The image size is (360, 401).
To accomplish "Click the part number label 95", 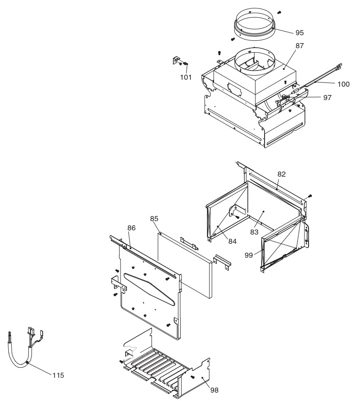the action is [299, 33].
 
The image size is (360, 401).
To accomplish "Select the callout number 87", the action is [299, 46].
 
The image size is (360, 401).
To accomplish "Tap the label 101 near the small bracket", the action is [186, 77].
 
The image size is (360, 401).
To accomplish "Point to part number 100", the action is [343, 84].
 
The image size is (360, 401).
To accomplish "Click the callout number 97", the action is [327, 98].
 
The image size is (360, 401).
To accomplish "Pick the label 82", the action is [281, 174].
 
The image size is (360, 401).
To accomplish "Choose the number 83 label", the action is [254, 232].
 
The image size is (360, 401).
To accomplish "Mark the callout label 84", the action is [232, 241].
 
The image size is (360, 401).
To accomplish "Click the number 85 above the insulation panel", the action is [154, 219].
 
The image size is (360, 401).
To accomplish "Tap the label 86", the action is [132, 228].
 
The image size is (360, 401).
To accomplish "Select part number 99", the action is [248, 255].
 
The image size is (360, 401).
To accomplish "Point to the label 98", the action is [214, 390].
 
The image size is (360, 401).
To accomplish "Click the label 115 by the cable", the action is [58, 376].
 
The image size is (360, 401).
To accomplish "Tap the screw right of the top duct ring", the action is [279, 12].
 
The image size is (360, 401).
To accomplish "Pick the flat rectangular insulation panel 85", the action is [184, 266].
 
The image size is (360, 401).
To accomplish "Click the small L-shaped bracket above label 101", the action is [176, 60].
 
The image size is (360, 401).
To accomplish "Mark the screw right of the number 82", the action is [310, 196].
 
